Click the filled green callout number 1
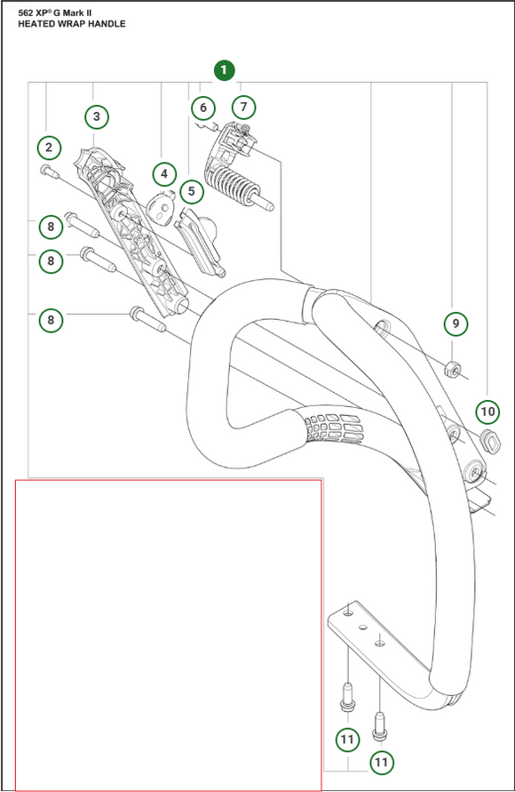(223, 68)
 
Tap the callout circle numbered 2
(49, 147)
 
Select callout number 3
(97, 116)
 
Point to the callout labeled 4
(163, 173)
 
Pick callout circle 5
(190, 190)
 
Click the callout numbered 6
(203, 108)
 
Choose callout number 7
(243, 108)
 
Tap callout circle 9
(456, 324)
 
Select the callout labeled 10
(487, 411)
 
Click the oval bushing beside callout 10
(487, 438)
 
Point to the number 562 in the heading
(26, 12)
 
